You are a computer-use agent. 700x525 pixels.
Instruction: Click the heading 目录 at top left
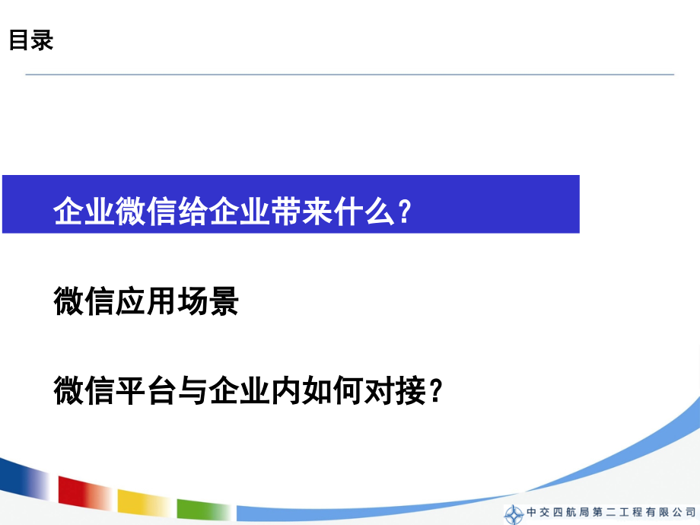coord(31,41)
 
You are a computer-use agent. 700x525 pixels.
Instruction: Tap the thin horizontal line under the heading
coord(350,75)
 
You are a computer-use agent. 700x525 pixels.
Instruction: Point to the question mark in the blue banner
coord(404,212)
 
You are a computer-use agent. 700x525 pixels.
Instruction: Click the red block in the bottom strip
coord(84,490)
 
